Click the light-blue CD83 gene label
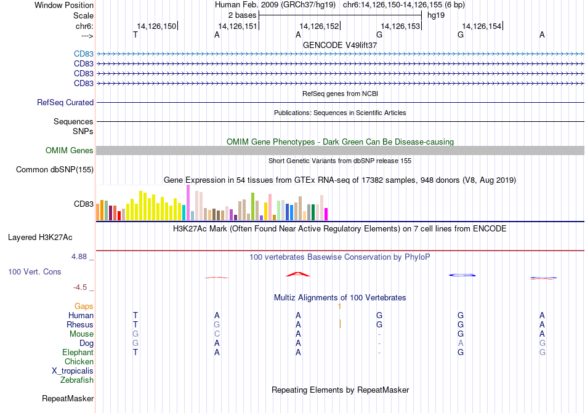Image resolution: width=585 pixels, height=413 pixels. pyautogui.click(x=84, y=54)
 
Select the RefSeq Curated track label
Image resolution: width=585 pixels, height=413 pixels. pyautogui.click(x=65, y=103)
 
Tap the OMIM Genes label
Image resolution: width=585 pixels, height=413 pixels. pyautogui.click(x=70, y=151)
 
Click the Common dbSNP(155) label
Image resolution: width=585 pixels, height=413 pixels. pyautogui.click(x=55, y=170)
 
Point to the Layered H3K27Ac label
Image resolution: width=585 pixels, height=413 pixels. pyautogui.click(x=40, y=238)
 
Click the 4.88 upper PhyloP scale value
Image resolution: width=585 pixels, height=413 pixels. pyautogui.click(x=79, y=257)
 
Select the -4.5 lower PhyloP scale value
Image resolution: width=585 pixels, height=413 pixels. pyautogui.click(x=80, y=287)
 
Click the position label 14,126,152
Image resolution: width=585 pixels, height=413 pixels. pyautogui.click(x=319, y=26)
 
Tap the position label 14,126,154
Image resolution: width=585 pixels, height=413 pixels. pyautogui.click(x=482, y=26)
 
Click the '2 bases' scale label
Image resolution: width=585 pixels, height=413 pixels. pyautogui.click(x=243, y=15)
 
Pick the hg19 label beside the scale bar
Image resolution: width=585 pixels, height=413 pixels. pyautogui.click(x=436, y=15)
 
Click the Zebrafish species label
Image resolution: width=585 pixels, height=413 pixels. pyautogui.click(x=77, y=380)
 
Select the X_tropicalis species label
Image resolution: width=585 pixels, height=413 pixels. pyautogui.click(x=73, y=371)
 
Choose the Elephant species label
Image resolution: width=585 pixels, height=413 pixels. pyautogui.click(x=78, y=352)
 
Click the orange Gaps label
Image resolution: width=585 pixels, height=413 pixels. pyautogui.click(x=84, y=306)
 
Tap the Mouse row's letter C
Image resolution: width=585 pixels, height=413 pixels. pyautogui.click(x=217, y=334)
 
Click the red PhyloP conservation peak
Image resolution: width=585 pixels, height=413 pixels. pyautogui.click(x=297, y=275)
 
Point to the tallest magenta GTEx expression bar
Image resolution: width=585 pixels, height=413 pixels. pyautogui.click(x=188, y=202)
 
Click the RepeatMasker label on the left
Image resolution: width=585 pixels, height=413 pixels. pyautogui.click(x=68, y=398)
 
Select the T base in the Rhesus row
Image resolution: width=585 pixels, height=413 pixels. pyautogui.click(x=135, y=324)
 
